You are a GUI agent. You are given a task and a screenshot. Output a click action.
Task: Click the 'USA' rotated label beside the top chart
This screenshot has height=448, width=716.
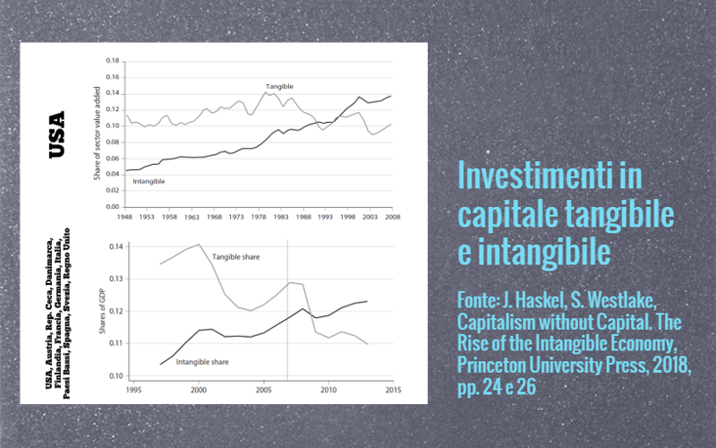[x=57, y=134]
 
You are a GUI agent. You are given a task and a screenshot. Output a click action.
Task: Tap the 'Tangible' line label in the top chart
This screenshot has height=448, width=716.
[x=279, y=86]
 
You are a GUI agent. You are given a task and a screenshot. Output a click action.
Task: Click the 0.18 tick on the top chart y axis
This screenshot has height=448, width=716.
[x=112, y=61]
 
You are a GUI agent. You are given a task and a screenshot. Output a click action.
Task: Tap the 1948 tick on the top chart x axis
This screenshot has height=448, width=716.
[x=125, y=217]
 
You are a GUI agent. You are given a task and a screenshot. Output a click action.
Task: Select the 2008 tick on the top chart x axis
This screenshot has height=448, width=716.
[x=392, y=217]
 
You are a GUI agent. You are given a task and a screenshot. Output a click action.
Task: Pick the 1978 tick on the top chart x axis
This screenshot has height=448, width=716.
[x=259, y=217]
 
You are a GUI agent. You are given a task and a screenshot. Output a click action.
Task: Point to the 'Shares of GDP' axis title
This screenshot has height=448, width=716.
[x=100, y=309]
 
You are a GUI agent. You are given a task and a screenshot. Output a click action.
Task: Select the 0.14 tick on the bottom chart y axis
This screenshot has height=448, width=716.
[x=114, y=246]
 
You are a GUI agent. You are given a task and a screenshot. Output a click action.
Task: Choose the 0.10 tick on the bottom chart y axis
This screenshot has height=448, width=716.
[x=114, y=375]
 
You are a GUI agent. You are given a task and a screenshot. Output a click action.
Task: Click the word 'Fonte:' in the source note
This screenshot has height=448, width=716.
[x=481, y=298]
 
